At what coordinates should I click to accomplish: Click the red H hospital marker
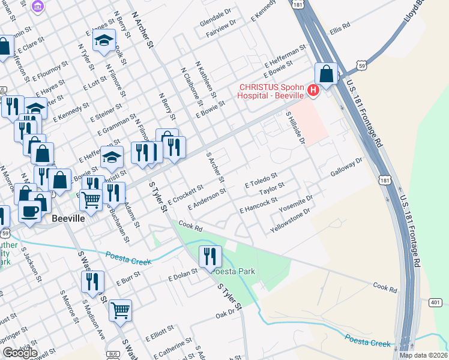pos(312,91)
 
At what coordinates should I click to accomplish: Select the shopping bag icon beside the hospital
pos(326,74)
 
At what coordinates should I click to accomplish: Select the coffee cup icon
pos(29,211)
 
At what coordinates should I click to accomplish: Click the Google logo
pos(20,353)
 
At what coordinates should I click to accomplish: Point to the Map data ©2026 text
pos(423,355)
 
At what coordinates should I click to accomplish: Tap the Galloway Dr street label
pos(347,167)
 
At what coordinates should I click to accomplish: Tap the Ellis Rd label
pos(339,29)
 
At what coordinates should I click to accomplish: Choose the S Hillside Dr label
pos(296,128)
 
